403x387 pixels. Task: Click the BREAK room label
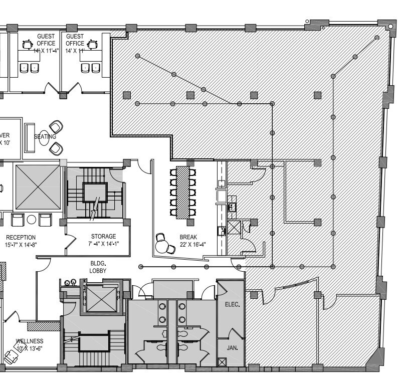pyautogui.click(x=188, y=237)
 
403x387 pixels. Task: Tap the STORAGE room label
pyautogui.click(x=103, y=237)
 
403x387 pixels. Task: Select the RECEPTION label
pyautogui.click(x=21, y=237)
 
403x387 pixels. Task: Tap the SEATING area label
pyautogui.click(x=45, y=136)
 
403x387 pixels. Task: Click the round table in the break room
pyautogui.click(x=163, y=246)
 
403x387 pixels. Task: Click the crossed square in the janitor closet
pyautogui.click(x=223, y=361)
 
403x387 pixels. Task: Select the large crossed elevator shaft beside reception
pyautogui.click(x=38, y=186)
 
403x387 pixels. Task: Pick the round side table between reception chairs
pyautogui.click(x=32, y=220)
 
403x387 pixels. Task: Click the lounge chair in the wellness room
pyautogui.click(x=10, y=356)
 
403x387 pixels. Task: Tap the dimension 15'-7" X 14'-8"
pyautogui.click(x=21, y=245)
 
